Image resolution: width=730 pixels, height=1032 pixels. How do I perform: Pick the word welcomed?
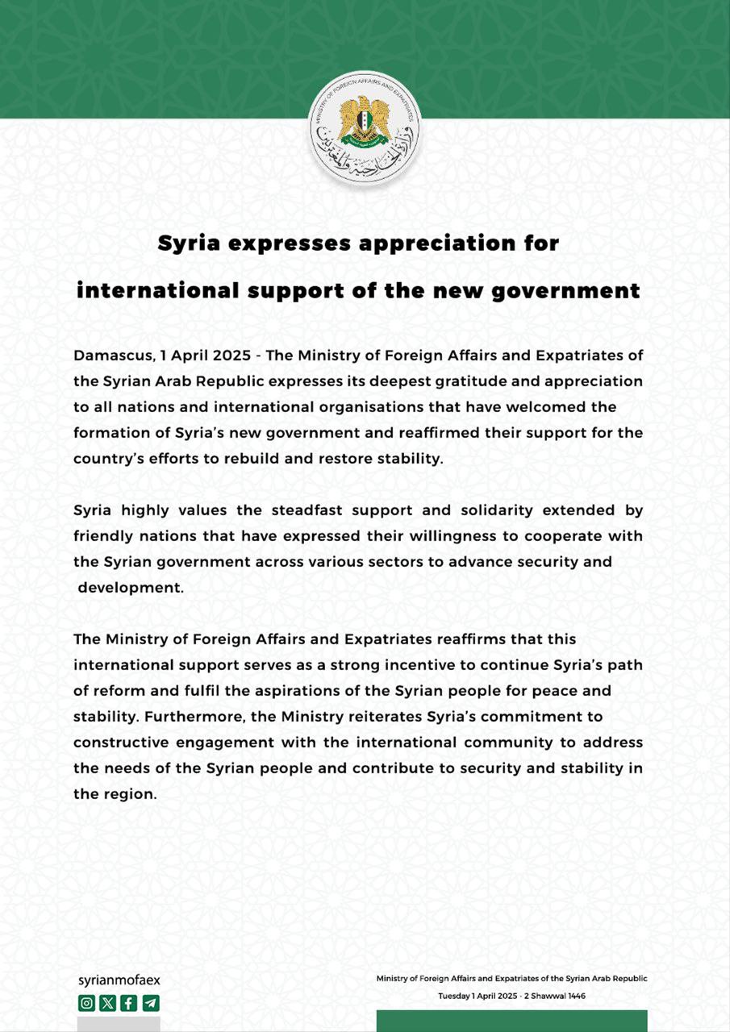point(569,406)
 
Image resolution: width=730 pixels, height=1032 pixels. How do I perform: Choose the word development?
point(131,588)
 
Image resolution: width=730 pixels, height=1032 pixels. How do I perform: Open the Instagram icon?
point(86,1003)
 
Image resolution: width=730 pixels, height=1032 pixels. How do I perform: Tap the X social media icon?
point(107,1003)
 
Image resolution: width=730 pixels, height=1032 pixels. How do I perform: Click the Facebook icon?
point(128,1003)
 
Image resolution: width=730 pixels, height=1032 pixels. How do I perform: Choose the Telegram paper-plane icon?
point(150,1003)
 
